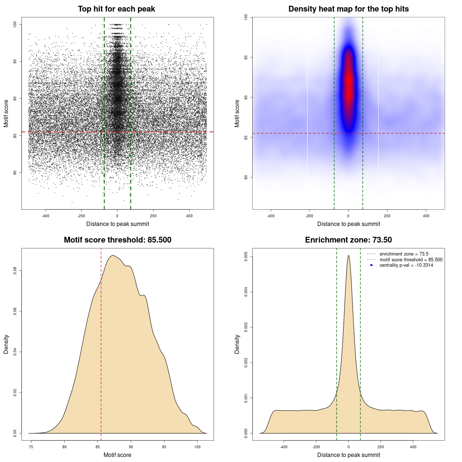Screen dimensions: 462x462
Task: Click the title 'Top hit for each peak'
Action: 116,9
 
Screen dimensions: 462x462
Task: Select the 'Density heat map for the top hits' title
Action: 348,9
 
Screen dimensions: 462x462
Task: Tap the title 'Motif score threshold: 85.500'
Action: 117,240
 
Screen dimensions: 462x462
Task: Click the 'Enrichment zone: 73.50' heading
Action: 348,240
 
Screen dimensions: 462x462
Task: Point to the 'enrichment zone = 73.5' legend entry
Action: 404,254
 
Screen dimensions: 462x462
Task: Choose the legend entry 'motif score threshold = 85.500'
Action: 411,260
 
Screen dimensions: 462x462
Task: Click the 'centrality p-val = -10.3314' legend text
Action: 406,265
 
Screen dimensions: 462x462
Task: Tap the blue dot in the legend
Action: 371,265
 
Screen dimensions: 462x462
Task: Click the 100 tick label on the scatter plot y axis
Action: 15,24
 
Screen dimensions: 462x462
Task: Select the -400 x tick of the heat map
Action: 271,216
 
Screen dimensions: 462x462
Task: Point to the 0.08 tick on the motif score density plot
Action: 15,270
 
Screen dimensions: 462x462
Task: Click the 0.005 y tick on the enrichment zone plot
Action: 246,257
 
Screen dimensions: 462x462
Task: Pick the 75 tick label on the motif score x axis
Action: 31,447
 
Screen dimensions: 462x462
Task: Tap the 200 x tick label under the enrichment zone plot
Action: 381,447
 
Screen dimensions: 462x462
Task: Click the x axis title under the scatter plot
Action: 118,224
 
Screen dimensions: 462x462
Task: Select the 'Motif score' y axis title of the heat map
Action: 237,113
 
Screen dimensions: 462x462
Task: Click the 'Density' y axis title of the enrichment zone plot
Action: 237,344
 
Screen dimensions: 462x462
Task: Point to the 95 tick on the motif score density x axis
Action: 164,447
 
